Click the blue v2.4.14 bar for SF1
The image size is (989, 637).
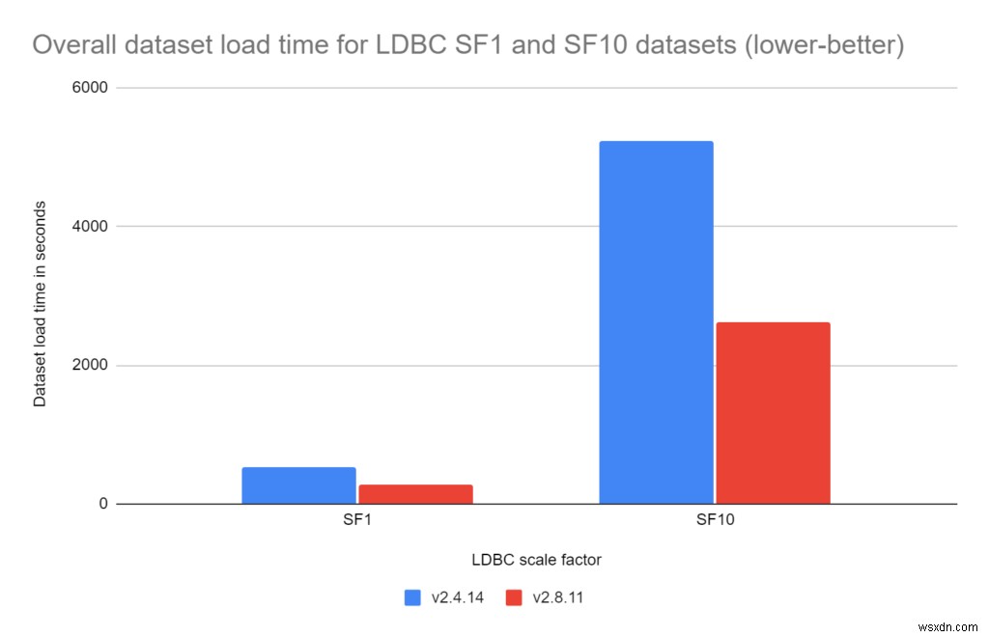click(x=298, y=485)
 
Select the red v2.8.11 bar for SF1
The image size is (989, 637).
click(x=415, y=494)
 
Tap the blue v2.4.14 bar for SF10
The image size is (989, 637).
click(x=656, y=322)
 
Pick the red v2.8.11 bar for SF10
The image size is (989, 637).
click(x=773, y=413)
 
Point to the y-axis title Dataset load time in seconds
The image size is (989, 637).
click(x=40, y=303)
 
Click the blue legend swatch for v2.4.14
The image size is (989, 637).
click(x=412, y=597)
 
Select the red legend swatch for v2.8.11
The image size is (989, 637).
click(x=513, y=597)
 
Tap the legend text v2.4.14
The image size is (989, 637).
click(x=457, y=597)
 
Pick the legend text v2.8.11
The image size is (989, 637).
click(x=557, y=597)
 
